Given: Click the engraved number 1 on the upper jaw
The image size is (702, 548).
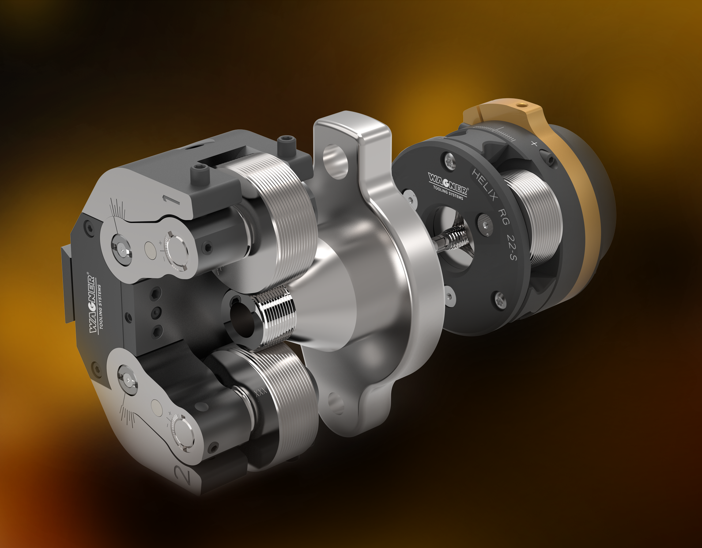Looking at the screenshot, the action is coord(171,199).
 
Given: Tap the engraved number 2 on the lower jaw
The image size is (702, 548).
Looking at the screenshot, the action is coord(183,475).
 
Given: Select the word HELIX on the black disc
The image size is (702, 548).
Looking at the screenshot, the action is coord(485,185).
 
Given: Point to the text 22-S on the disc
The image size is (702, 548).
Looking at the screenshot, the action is coord(512,247).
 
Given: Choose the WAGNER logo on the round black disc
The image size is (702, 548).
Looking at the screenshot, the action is coord(448,183).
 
